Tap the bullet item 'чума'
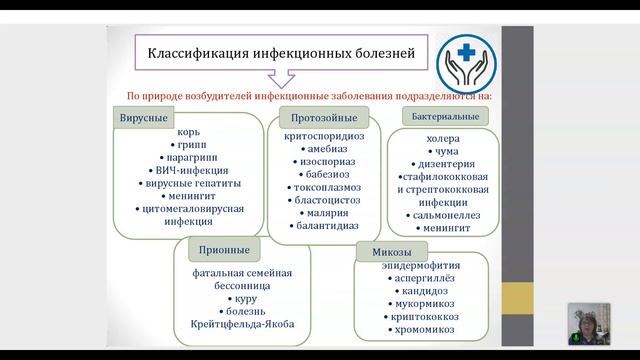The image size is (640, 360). click(x=440, y=154)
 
